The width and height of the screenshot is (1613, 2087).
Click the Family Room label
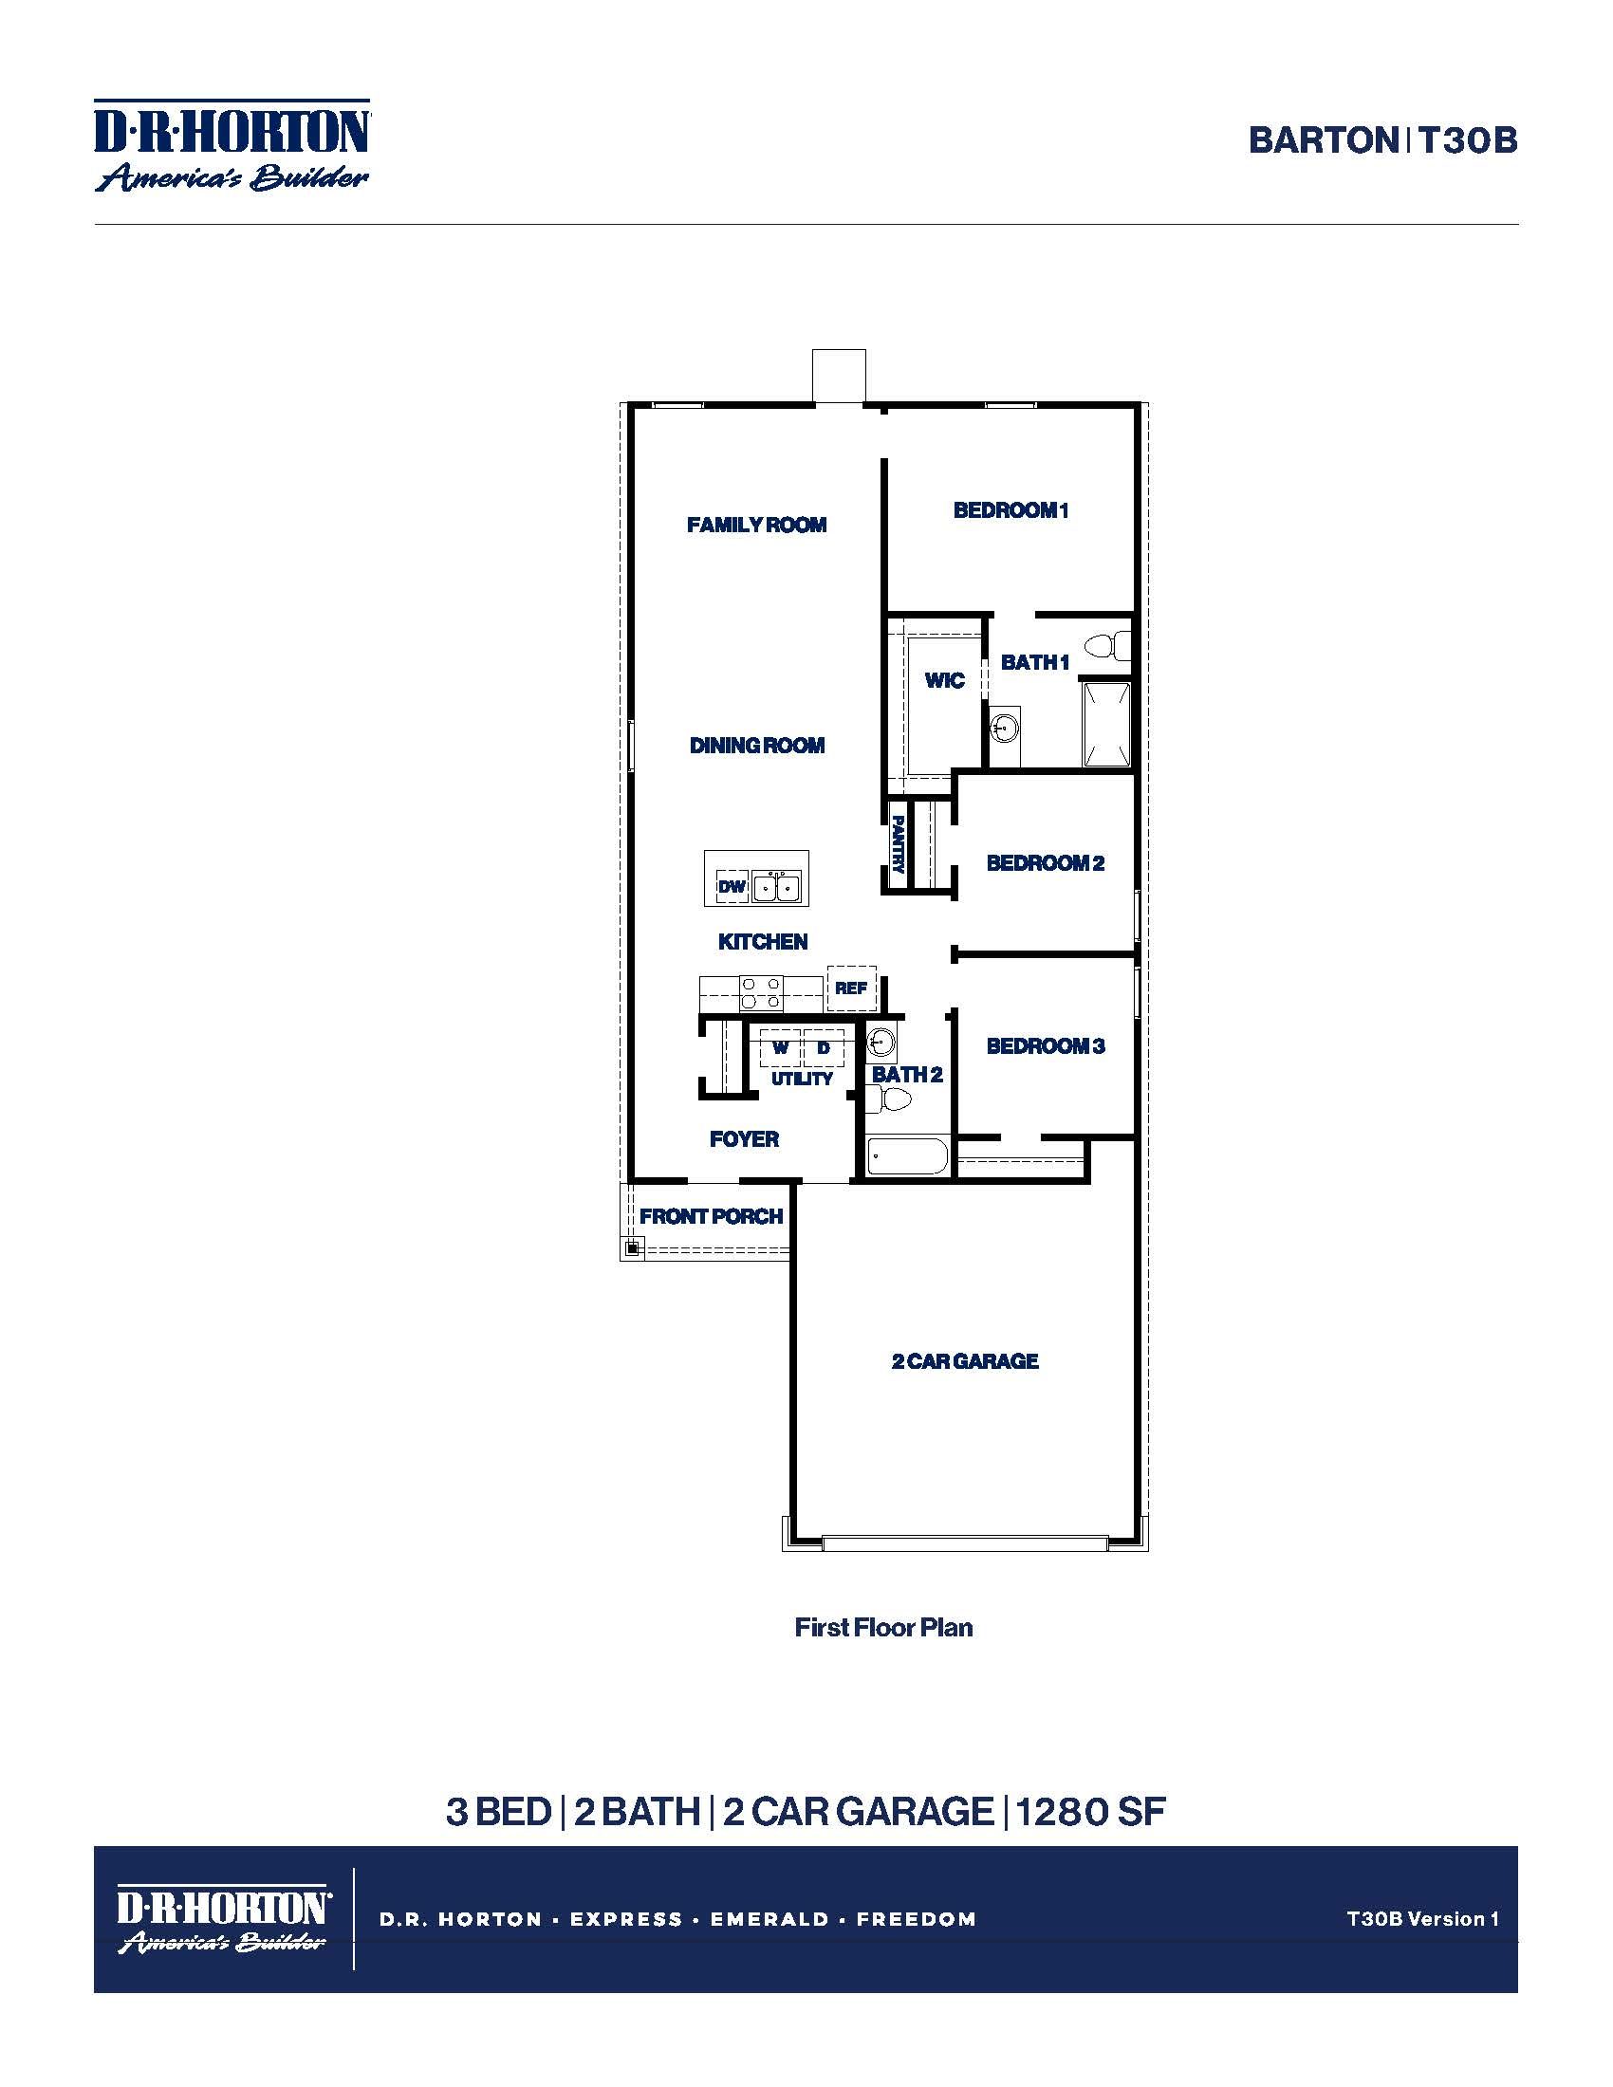756,525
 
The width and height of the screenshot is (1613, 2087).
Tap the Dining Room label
757,746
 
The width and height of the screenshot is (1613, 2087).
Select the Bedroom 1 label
1010,510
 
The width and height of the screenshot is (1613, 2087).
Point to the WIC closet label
944,680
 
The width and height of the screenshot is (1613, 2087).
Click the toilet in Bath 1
1110,646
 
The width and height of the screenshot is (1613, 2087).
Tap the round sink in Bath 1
1003,729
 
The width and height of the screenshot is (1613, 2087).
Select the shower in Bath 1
1106,724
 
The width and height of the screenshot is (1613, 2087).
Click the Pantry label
898,842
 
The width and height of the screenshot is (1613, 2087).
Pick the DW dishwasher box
732,887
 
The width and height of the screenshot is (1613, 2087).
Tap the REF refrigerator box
850,988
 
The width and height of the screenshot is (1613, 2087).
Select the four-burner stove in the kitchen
762,993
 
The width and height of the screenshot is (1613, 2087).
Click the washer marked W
780,1048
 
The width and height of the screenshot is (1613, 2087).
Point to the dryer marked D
823,1048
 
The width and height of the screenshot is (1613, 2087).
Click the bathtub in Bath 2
907,1157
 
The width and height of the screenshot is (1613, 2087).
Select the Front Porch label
711,1216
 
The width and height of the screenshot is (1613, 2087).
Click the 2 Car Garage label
964,1361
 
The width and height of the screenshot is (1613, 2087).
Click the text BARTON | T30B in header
1381,140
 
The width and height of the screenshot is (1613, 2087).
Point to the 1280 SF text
1090,1812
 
